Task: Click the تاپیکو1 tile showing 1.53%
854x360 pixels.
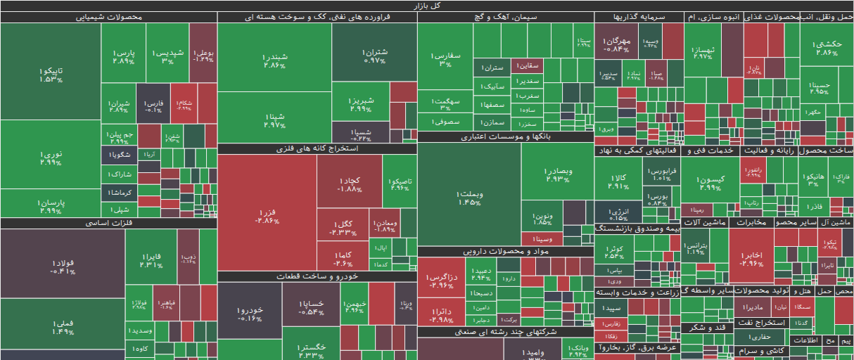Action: [50, 75]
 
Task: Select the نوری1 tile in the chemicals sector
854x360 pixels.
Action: [50, 158]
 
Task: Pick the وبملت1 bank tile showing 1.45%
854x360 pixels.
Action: [469, 198]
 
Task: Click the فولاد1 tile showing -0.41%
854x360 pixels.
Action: [62, 267]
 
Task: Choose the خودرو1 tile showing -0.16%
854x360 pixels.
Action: [249, 314]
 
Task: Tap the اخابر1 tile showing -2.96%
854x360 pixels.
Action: [751, 259]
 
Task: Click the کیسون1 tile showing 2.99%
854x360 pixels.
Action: [710, 184]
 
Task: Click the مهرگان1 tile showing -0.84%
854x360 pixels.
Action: [616, 45]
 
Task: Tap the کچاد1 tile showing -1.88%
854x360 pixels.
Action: [349, 185]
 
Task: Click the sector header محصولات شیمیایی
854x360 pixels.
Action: [108, 17]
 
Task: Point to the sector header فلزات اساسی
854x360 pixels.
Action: [108, 223]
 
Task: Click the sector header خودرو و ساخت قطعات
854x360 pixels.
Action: [317, 276]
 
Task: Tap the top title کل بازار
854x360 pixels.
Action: [427, 5]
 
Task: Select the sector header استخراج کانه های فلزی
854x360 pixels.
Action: [317, 149]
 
